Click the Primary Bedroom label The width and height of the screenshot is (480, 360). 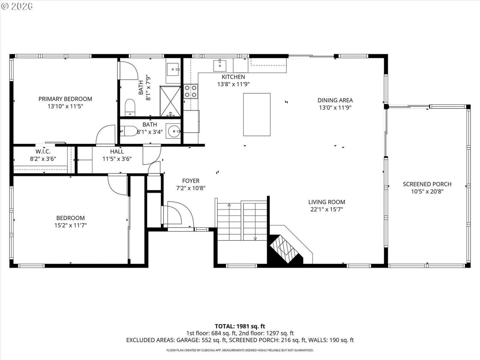pos(65,99)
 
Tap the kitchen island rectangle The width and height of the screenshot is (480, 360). pos(257,115)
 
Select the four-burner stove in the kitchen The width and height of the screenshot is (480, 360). pos(191,91)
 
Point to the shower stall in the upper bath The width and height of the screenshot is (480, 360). pos(170,101)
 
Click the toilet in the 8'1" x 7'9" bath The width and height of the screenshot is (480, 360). pos(130,107)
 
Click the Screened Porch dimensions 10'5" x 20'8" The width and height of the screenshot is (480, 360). pos(427,191)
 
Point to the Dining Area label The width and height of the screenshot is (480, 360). pos(335,100)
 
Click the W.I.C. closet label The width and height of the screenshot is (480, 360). pos(43,151)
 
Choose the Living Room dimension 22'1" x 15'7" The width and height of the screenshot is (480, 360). pos(327,209)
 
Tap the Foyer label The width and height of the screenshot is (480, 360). pos(191,181)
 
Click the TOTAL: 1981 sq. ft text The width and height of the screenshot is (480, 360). pos(240,326)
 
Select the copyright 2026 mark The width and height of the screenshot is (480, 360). pos(17,6)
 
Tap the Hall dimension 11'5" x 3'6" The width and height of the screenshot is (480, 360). pos(117,159)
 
